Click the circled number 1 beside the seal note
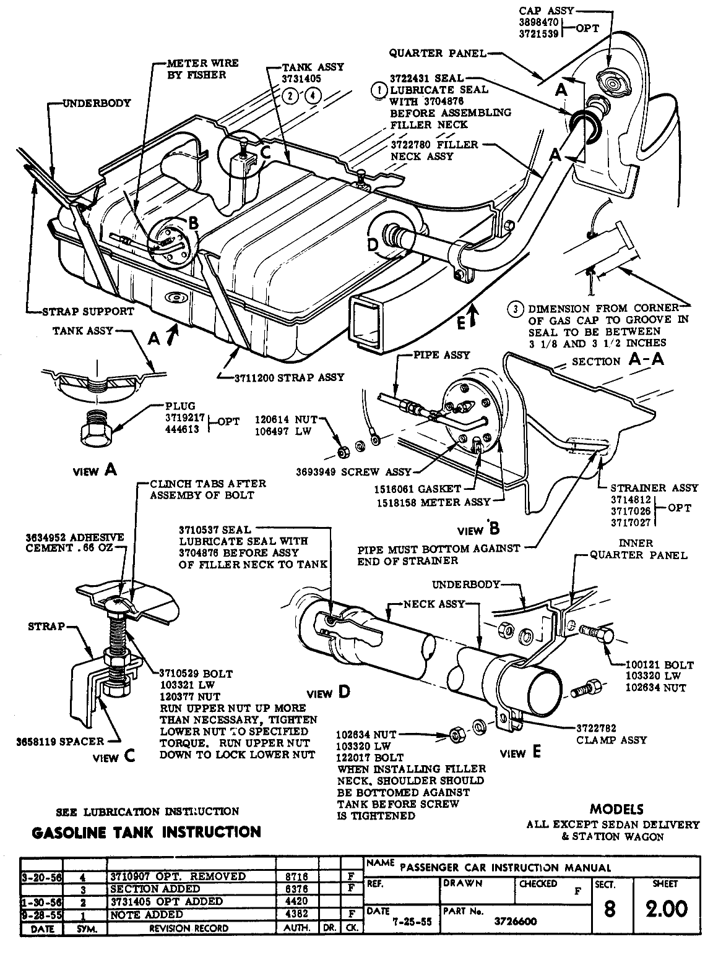pos(378,90)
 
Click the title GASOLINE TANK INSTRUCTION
pos(146,832)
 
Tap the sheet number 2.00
pos(665,909)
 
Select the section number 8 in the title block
pos(610,909)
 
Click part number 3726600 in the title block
pos(508,921)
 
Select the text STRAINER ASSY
pos(654,487)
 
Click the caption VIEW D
pos(329,693)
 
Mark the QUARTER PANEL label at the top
pos(438,54)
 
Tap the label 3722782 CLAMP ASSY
pos(611,734)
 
